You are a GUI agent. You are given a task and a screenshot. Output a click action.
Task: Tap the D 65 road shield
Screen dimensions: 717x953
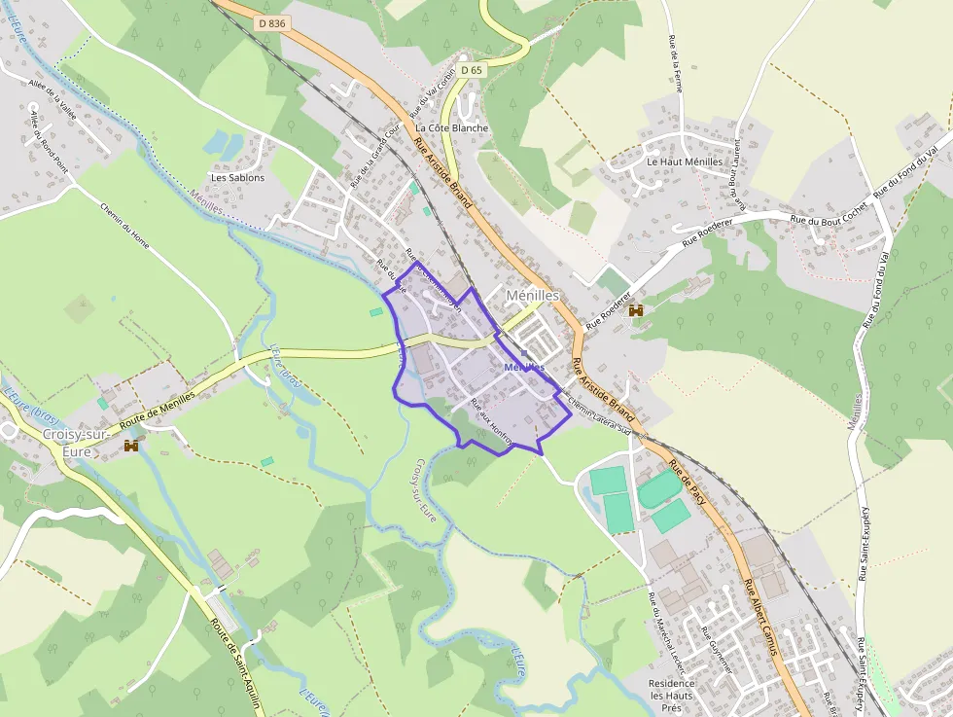click(472, 70)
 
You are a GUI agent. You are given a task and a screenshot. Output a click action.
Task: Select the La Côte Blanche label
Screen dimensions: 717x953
click(452, 127)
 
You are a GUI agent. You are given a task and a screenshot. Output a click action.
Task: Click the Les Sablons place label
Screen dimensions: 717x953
click(238, 178)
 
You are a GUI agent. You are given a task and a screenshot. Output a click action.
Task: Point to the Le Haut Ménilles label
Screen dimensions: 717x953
click(685, 161)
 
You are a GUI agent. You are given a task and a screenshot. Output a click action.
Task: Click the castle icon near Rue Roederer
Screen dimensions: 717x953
click(636, 310)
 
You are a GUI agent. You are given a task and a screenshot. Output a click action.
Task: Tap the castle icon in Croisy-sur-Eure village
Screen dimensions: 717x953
click(131, 446)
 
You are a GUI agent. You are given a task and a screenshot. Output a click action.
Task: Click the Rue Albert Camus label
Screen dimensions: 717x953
click(763, 617)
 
